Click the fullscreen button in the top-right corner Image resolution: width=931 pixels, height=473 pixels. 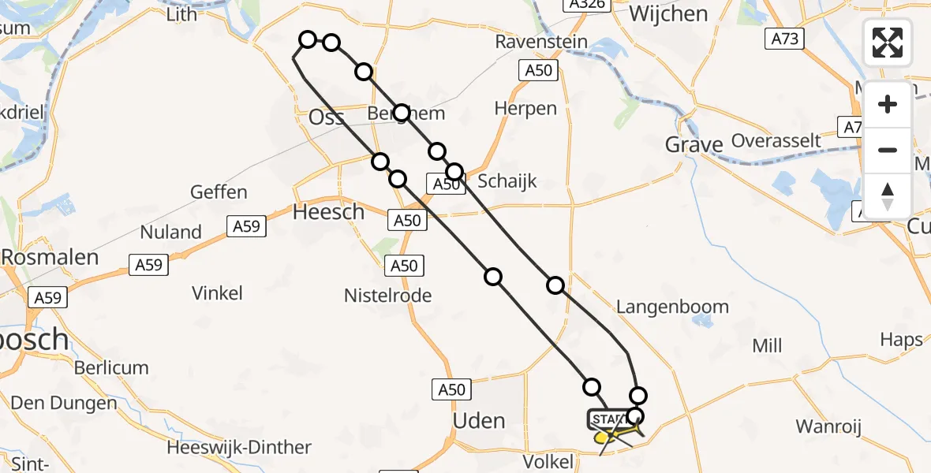coord(888,42)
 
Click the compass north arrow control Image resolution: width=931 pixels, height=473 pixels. coord(888,196)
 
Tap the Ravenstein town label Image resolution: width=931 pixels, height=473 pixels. coord(542,41)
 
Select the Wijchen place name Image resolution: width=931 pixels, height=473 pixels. coord(668,14)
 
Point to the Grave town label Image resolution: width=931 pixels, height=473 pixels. coord(694,144)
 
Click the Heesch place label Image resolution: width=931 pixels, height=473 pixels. coord(328,211)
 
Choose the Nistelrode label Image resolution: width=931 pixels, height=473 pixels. coord(387,296)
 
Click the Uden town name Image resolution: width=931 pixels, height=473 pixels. coord(479,420)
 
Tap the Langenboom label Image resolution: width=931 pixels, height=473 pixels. coord(673,307)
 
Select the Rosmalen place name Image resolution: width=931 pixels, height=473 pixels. coord(50,257)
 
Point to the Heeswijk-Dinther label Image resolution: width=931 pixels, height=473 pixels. coord(239,448)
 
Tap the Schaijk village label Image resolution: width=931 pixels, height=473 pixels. coord(508,181)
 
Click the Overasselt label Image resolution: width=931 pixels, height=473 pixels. coord(777,141)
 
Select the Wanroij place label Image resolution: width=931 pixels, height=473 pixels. coord(828,426)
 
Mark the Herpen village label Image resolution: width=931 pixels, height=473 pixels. coord(525,108)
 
